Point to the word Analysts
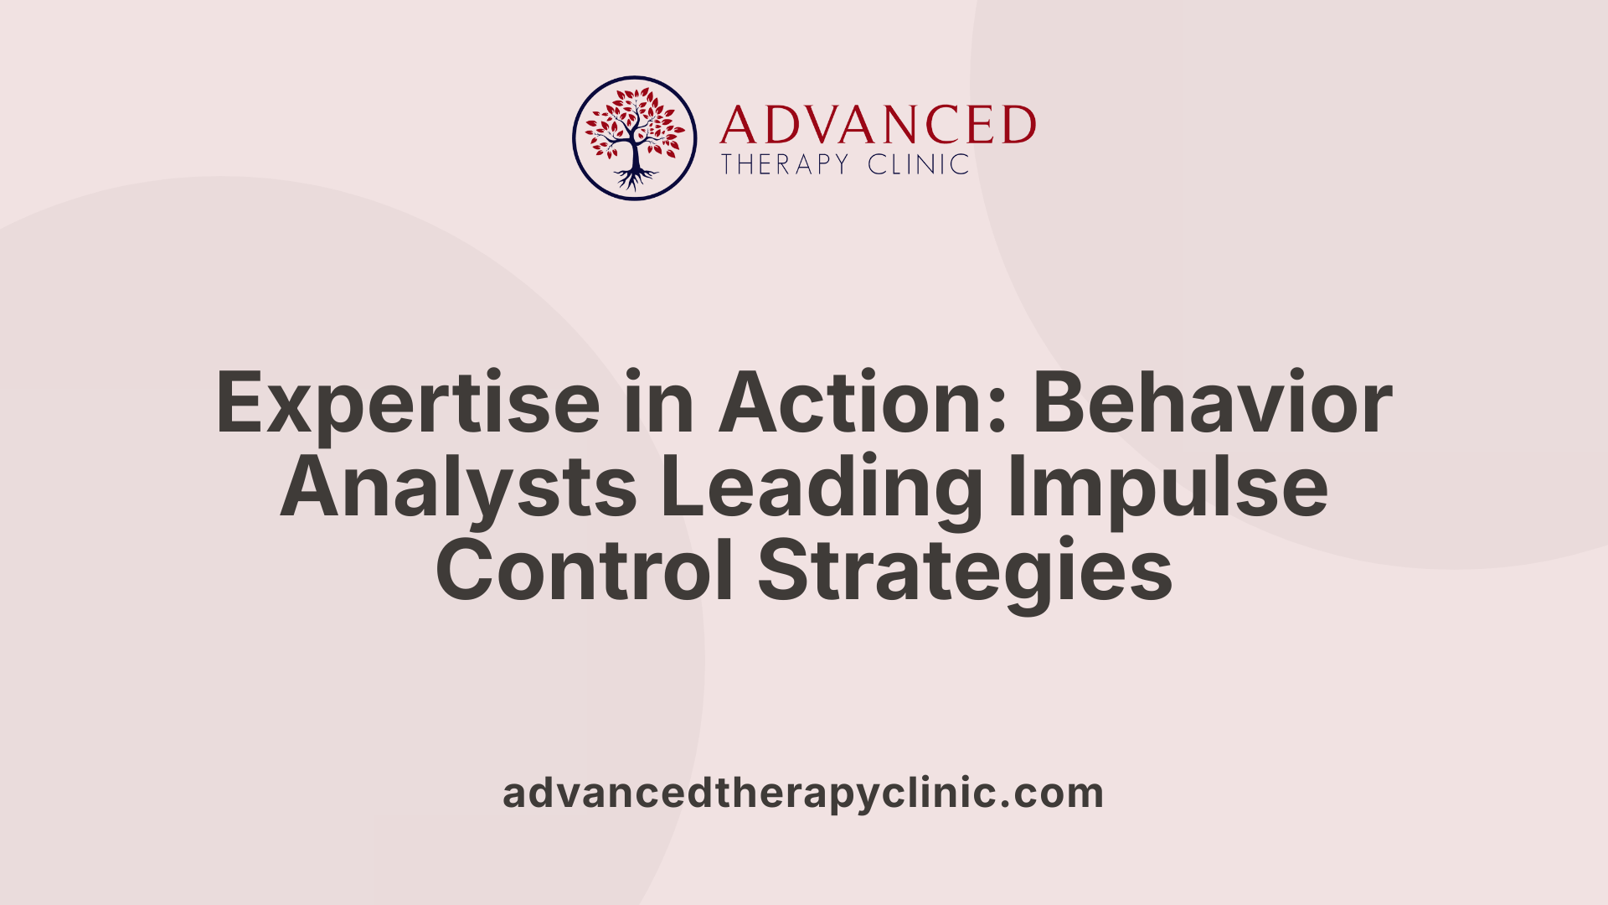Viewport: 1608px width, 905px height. click(458, 487)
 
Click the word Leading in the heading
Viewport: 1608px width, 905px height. click(822, 489)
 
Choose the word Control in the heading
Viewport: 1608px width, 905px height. click(585, 571)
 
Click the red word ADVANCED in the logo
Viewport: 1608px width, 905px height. click(877, 126)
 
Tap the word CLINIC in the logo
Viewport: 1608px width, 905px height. click(918, 164)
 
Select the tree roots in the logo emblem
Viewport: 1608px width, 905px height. click(635, 178)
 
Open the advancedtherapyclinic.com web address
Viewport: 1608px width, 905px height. click(803, 793)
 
